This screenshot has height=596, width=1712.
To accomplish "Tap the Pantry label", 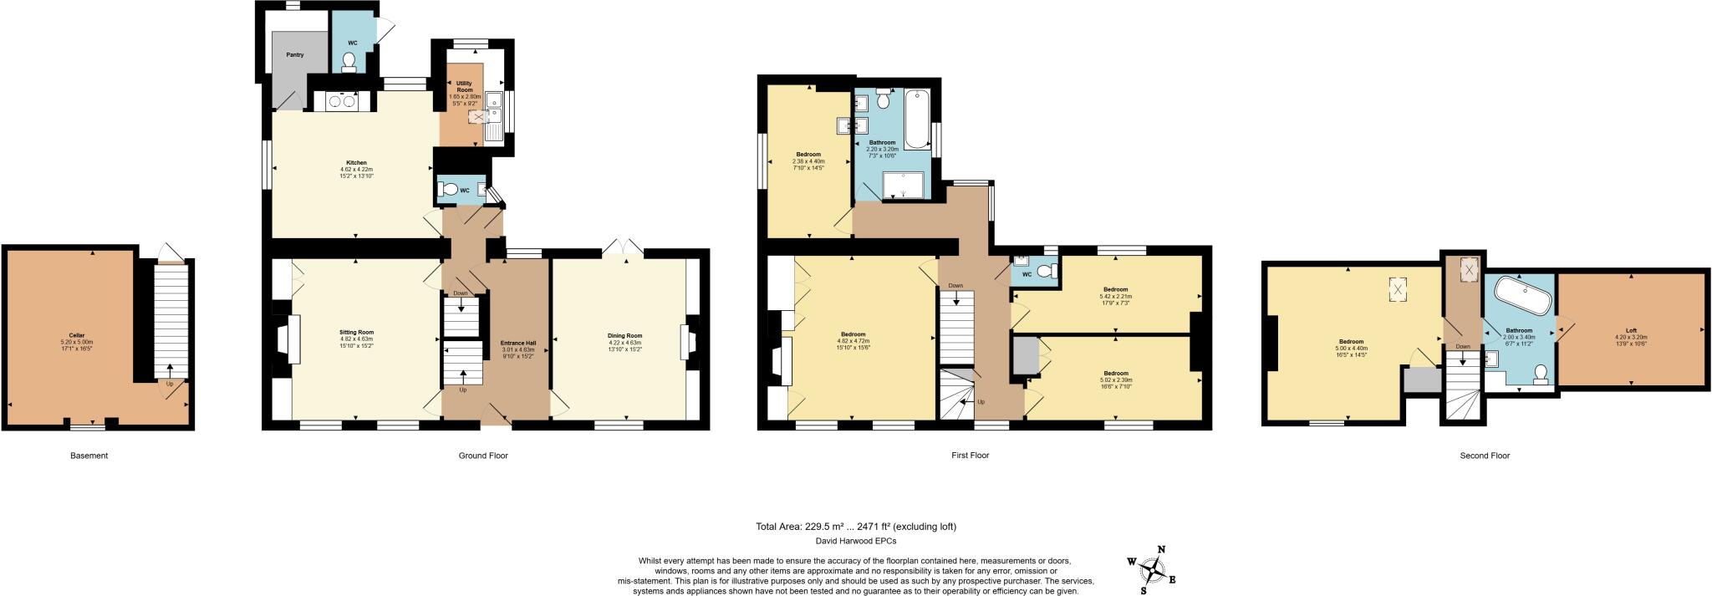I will tap(294, 55).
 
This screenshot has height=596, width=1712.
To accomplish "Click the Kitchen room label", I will tap(357, 163).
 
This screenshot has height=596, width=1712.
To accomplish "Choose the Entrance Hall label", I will tap(517, 343).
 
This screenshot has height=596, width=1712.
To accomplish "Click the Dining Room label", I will tap(624, 335).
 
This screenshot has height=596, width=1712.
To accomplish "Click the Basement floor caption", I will tap(89, 456).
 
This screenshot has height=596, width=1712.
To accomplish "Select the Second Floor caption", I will tap(1485, 456).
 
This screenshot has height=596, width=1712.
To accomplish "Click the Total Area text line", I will tap(855, 527).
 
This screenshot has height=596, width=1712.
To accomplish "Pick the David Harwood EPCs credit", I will tap(855, 542).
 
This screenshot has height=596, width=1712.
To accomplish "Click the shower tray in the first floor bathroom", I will tap(903, 186).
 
